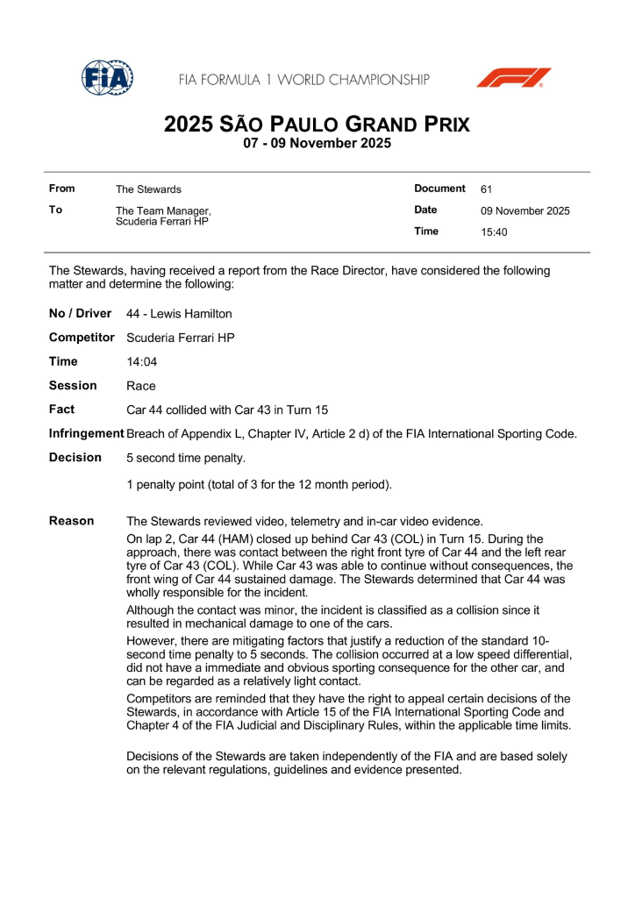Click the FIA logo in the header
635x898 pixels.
(x=107, y=78)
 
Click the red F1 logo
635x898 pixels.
(x=514, y=78)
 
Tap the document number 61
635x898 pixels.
(x=487, y=189)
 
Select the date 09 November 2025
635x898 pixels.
(x=525, y=211)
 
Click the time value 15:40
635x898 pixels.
(x=494, y=232)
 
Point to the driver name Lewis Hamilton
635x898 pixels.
(x=179, y=314)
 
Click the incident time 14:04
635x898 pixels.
(x=141, y=361)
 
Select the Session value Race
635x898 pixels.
(x=141, y=386)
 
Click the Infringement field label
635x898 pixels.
(x=86, y=433)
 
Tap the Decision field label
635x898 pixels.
(x=75, y=458)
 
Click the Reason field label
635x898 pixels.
(x=71, y=521)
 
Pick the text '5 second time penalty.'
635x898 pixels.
(x=186, y=458)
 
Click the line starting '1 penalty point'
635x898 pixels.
(x=259, y=484)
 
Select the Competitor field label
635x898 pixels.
(x=82, y=338)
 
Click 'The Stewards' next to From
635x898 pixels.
(x=148, y=189)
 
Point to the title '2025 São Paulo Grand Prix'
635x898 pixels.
(x=317, y=125)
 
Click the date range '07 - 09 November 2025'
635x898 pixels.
(x=317, y=144)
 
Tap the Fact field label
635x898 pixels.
(x=61, y=410)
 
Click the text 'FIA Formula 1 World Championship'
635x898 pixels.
(x=304, y=80)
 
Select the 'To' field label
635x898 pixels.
(x=56, y=210)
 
